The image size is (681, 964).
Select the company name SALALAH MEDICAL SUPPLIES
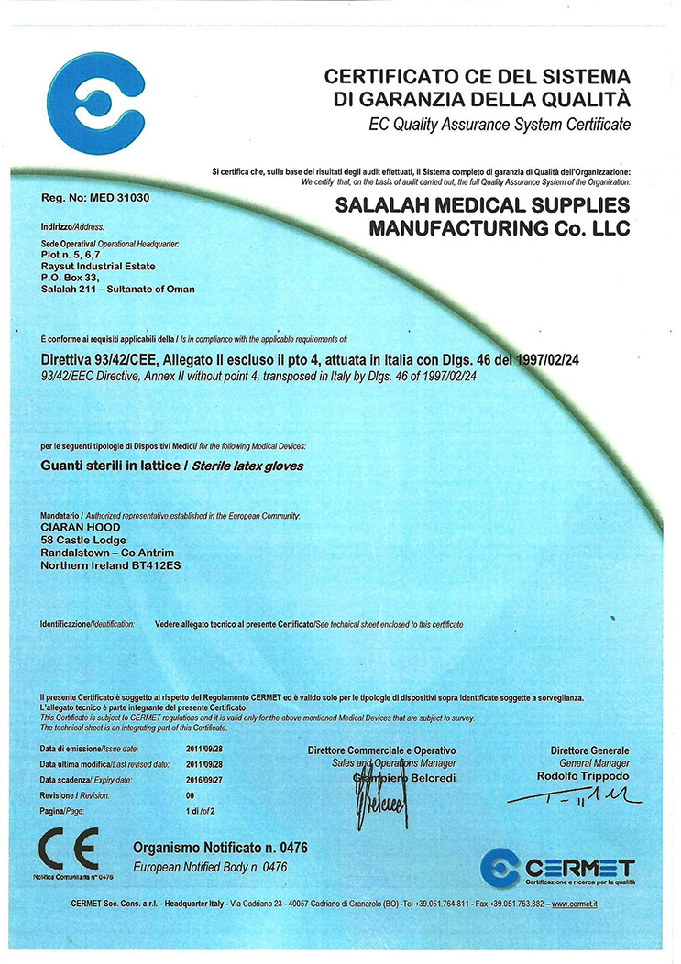click(481, 205)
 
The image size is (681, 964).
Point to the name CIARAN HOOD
click(81, 527)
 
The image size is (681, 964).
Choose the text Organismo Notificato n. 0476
click(220, 848)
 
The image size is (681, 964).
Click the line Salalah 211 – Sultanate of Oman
click(118, 290)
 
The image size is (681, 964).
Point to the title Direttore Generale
click(590, 750)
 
